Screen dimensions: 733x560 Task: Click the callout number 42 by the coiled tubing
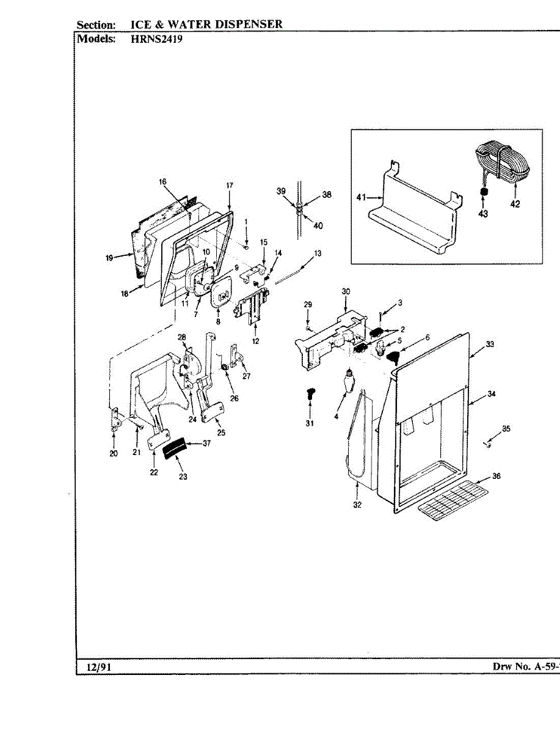coord(515,204)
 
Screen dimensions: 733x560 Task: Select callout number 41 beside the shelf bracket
coord(361,197)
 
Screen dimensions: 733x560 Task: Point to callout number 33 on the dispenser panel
coord(490,345)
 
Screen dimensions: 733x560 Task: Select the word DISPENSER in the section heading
coord(249,24)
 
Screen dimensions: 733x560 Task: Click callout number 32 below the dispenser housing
coord(357,505)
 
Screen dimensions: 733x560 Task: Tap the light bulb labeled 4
coord(347,384)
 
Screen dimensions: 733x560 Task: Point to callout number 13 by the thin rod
coord(318,253)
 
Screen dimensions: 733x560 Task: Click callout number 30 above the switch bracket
coord(346,291)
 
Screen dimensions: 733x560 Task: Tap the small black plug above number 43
coord(483,192)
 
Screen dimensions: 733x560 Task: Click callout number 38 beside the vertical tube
coord(327,195)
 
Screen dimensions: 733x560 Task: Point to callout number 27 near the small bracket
coord(247,376)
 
